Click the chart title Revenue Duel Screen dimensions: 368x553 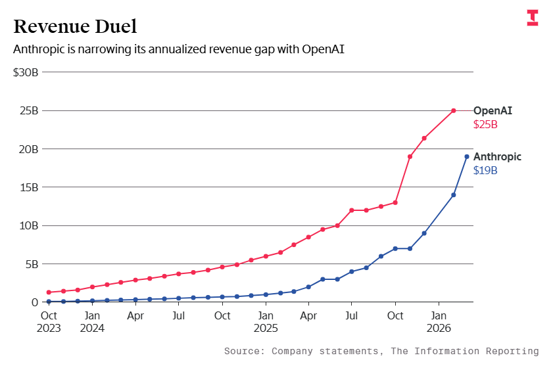(x=75, y=26)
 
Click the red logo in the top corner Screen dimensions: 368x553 (x=532, y=18)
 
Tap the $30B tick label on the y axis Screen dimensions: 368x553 (x=26, y=72)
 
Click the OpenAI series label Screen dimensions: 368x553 (x=493, y=110)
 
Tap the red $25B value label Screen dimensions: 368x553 (x=485, y=124)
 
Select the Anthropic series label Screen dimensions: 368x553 (x=497, y=156)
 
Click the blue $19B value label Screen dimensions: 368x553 (x=485, y=170)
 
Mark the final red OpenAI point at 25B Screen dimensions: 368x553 (x=454, y=110)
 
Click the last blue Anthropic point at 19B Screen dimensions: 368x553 (x=467, y=156)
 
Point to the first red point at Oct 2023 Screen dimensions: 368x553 (x=49, y=292)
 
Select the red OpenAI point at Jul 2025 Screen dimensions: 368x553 (x=352, y=210)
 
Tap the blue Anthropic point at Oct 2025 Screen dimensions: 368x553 (x=395, y=248)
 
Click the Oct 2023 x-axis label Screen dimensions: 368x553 (x=49, y=321)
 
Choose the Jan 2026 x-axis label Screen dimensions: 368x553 (x=439, y=321)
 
